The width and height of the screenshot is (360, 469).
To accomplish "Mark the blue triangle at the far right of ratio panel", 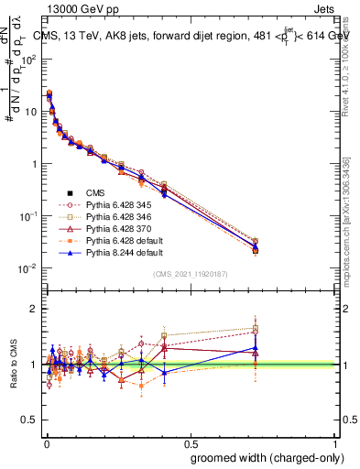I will (256, 348).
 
